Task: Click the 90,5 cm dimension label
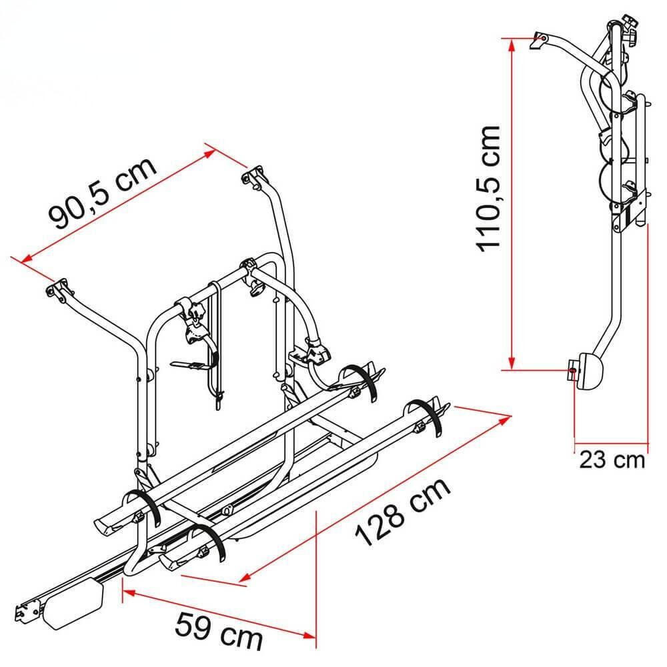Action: click(x=102, y=193)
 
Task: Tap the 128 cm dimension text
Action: click(x=402, y=511)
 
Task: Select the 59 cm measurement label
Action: click(x=219, y=630)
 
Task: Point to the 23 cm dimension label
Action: click(x=612, y=460)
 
